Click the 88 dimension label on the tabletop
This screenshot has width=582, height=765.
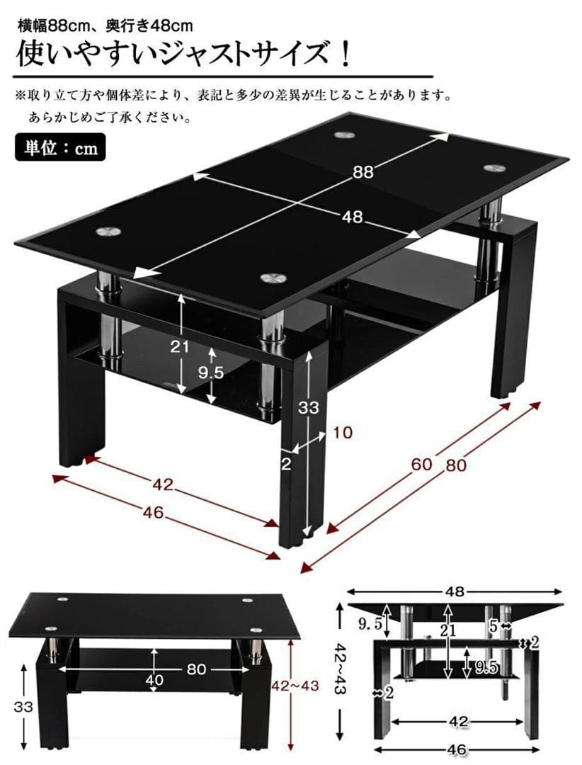click(x=363, y=171)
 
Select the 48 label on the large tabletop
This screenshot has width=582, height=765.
click(x=352, y=217)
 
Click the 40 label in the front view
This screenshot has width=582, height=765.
click(x=154, y=680)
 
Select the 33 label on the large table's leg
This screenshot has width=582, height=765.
click(x=309, y=407)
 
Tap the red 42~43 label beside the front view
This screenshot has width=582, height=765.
click(x=295, y=686)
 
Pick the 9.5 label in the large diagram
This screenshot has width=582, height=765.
click(x=211, y=373)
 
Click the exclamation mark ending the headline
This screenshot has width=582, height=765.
click(x=346, y=55)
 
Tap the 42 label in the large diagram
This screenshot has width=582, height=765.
click(x=163, y=486)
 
